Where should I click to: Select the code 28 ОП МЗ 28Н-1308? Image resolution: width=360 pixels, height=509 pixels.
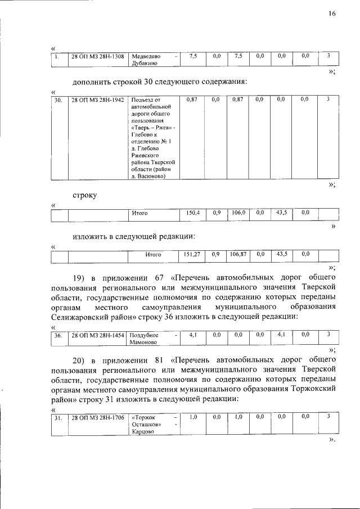[x=97, y=56]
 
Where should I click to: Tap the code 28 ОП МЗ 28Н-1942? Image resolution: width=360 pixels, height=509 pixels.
[x=97, y=100]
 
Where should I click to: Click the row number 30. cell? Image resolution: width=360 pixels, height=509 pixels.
[x=57, y=100]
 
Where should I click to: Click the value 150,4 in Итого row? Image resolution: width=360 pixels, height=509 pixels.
[x=193, y=213]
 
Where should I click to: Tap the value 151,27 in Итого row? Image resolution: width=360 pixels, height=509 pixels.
[x=192, y=254]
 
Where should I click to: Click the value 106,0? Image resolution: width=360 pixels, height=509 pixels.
[x=238, y=213]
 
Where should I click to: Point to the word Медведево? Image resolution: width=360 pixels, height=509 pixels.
[x=146, y=56]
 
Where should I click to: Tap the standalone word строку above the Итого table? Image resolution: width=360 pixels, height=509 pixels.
[x=84, y=195]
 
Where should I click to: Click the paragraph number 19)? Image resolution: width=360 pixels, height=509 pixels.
[x=80, y=277]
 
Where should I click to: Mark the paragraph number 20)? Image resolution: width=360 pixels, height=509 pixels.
[x=80, y=359]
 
